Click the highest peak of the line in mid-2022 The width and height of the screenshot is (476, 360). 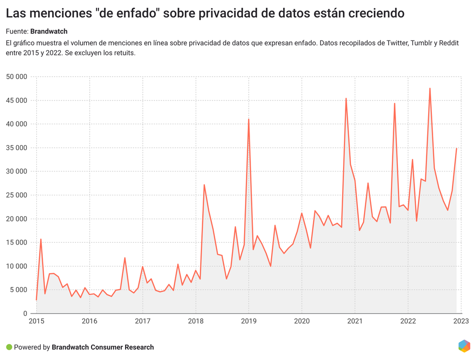430,88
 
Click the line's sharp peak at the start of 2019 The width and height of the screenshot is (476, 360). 249,120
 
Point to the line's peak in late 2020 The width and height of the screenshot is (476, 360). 346,99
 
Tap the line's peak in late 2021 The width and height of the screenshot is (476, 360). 395,104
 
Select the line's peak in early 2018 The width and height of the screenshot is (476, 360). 204,185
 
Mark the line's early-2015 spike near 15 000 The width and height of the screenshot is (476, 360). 41,240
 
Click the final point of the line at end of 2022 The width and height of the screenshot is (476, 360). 456,148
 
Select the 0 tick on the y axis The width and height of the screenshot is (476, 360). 25,313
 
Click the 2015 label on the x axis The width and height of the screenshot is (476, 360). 36,321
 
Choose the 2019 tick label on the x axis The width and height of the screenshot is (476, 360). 249,321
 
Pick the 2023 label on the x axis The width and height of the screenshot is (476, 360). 461,321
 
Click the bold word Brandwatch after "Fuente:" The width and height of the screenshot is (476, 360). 49,32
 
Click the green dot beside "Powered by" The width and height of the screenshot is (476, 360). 9,347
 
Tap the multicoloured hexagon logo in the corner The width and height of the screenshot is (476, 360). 464,346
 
